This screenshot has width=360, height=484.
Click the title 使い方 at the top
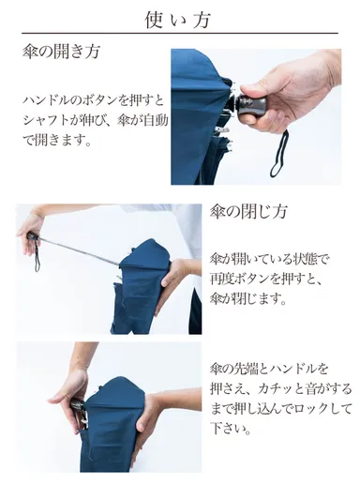[x=179, y=18]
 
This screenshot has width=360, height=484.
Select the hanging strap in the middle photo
[x=37, y=255]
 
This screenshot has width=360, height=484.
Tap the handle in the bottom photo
[x=74, y=410]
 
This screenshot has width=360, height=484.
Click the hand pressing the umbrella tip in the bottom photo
[x=151, y=413]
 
